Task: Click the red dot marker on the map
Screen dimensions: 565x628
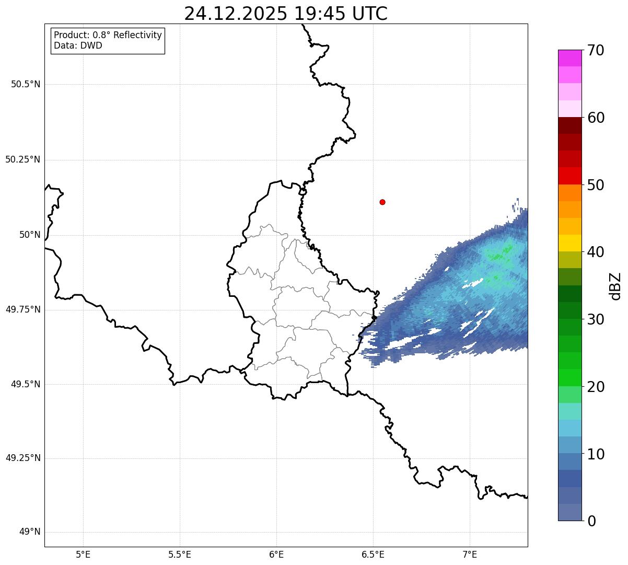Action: tap(382, 202)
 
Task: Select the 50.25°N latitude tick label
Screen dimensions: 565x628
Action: tap(23, 159)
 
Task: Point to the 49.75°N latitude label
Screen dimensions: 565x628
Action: tap(23, 309)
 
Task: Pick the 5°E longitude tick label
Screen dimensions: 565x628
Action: tap(83, 554)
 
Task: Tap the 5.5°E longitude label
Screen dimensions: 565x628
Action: tap(180, 554)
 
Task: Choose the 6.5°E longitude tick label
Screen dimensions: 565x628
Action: tap(373, 554)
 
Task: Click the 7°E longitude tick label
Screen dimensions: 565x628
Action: tap(470, 554)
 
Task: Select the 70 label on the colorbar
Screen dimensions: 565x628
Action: tap(596, 50)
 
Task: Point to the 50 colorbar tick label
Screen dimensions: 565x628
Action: tap(596, 185)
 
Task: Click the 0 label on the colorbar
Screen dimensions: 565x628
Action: tap(591, 521)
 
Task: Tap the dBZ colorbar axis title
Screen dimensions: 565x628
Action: tap(615, 286)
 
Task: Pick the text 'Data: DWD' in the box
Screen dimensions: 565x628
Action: tap(78, 45)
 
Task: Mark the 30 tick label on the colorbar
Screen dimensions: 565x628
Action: tap(596, 319)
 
